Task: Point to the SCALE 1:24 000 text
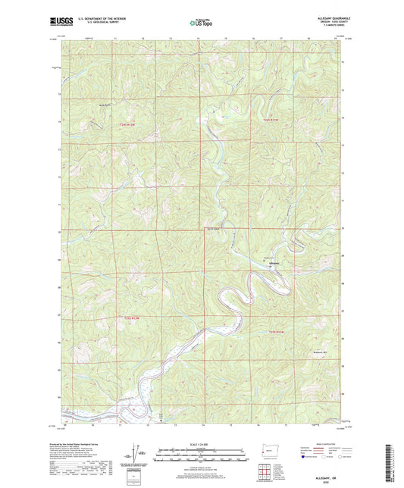(x=201, y=443)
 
